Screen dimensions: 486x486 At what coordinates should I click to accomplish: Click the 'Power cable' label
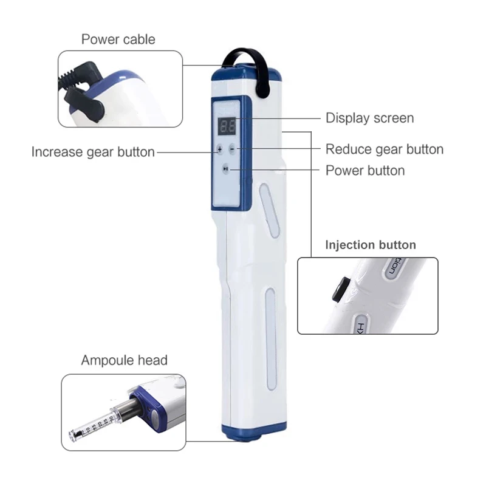[x=118, y=39]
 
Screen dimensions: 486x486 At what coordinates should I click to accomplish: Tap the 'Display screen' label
[x=370, y=118]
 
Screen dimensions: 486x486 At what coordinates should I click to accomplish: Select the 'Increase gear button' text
[x=93, y=152]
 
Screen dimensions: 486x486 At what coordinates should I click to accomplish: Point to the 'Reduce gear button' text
[x=385, y=149]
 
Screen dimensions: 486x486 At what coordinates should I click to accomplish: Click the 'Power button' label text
[x=365, y=170]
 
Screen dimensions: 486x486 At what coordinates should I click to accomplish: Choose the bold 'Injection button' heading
[x=371, y=245]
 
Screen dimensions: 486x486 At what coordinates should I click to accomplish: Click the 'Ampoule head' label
[x=125, y=360]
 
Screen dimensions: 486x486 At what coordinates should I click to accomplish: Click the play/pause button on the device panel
[x=226, y=170]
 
